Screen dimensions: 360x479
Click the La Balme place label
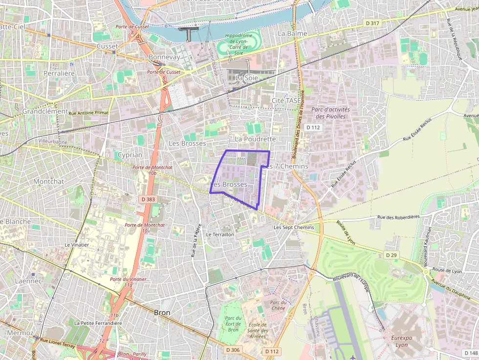click(x=292, y=34)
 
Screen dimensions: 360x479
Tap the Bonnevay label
click(x=164, y=57)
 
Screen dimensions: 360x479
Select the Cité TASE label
click(x=286, y=100)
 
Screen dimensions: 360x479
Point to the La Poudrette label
click(x=255, y=139)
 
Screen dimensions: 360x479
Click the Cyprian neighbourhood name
click(x=130, y=155)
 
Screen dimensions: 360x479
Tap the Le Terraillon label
click(x=220, y=234)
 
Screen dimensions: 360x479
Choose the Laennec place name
click(x=28, y=281)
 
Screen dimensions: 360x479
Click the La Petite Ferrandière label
click(x=98, y=323)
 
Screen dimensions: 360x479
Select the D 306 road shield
click(x=234, y=350)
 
